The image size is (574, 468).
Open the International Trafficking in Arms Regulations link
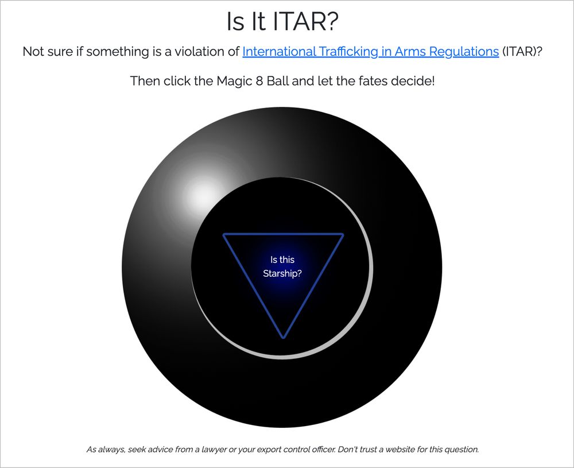tap(370, 52)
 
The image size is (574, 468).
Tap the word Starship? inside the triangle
tap(282, 273)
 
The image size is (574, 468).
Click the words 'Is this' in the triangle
tap(282, 260)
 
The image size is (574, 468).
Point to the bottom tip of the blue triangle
tap(283, 338)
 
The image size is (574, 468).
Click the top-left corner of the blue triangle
tap(224, 234)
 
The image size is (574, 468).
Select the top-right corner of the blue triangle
tap(343, 234)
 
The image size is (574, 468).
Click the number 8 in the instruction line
tap(259, 81)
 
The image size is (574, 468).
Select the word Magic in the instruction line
tap(234, 81)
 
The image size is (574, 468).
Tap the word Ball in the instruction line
tap(277, 81)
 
